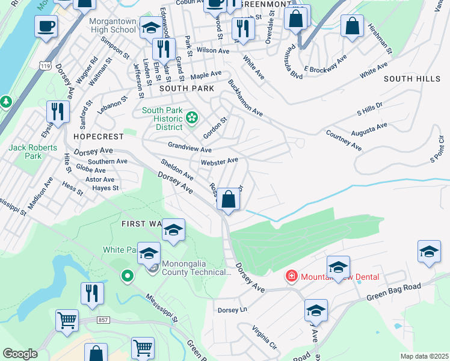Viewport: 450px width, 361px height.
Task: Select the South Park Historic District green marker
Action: pyautogui.click(x=192, y=117)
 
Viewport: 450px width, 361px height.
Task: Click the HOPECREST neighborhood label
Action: pyautogui.click(x=93, y=137)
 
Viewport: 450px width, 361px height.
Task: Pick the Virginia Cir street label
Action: pyautogui.click(x=264, y=338)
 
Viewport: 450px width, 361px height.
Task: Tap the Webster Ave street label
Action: pyautogui.click(x=220, y=161)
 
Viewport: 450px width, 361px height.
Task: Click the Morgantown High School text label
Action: pyautogui.click(x=112, y=25)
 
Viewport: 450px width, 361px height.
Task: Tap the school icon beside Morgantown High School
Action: pyautogui.click(x=150, y=28)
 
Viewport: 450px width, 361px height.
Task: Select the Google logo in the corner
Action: pyautogui.click(x=20, y=354)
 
